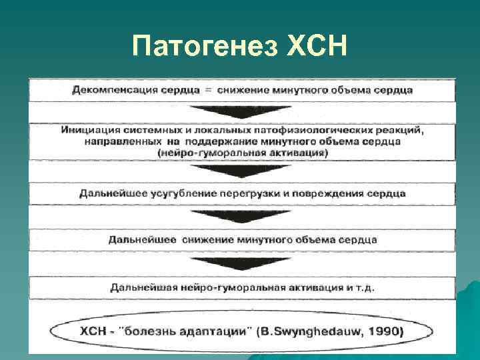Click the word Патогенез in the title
203,47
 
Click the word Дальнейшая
141,287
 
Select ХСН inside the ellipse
94,331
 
